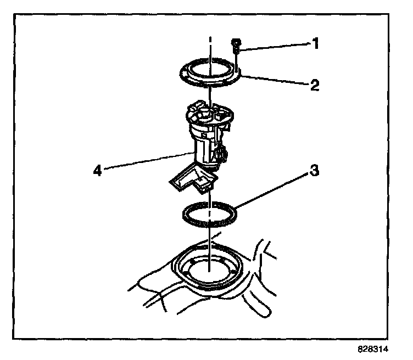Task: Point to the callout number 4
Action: click(97, 170)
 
